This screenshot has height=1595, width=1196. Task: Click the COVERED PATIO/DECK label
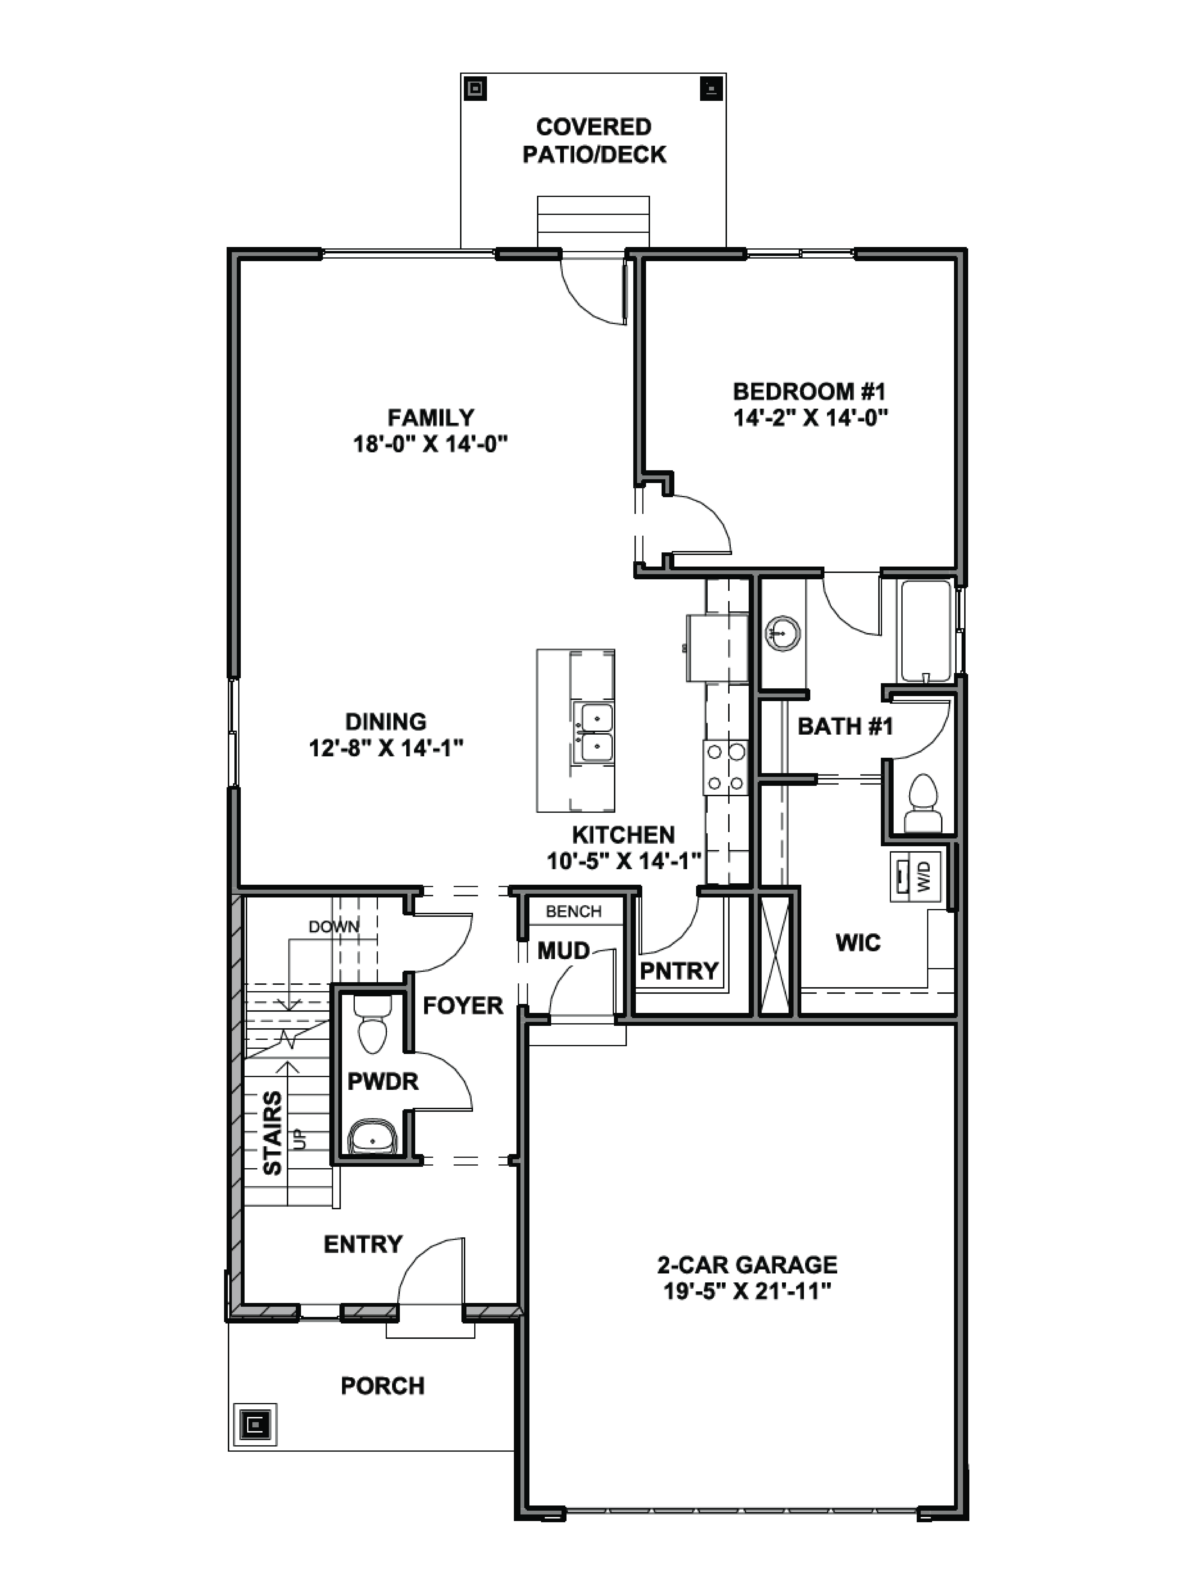(x=594, y=141)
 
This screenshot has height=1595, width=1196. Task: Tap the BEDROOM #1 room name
(x=809, y=392)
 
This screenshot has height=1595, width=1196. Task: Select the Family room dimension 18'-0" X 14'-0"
(x=430, y=444)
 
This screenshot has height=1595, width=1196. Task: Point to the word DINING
(x=386, y=722)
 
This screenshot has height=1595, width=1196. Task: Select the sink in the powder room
(x=372, y=1137)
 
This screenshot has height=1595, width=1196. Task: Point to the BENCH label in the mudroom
(x=574, y=911)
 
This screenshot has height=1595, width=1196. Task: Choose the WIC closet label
(x=858, y=943)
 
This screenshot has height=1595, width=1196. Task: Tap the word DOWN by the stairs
(x=334, y=927)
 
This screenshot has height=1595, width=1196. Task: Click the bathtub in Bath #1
(x=926, y=631)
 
